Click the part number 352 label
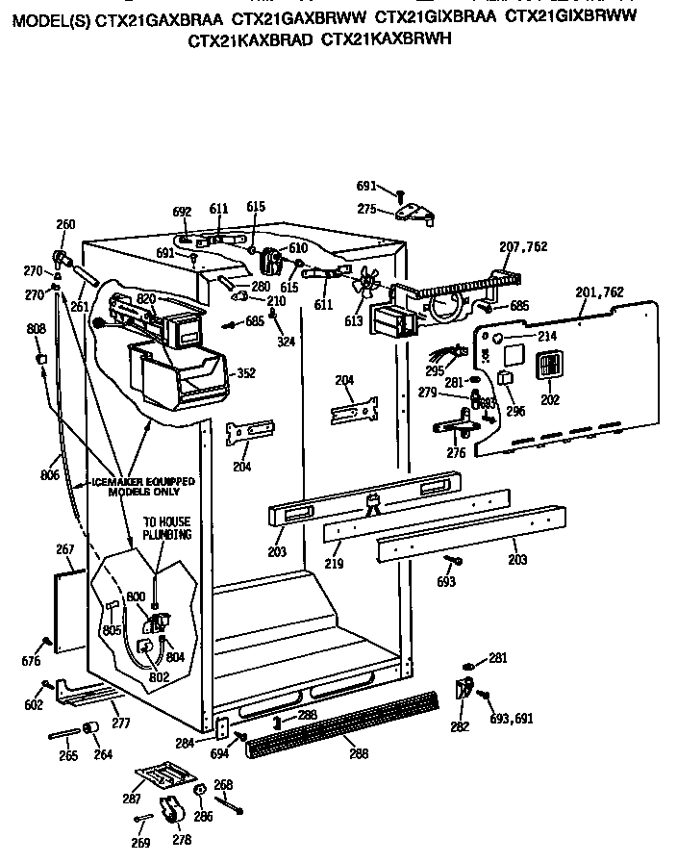(x=246, y=373)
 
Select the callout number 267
(x=65, y=550)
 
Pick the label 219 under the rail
(x=333, y=564)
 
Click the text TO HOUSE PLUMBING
(x=167, y=528)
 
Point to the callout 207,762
(x=523, y=247)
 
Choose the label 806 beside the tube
(x=50, y=475)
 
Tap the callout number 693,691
(x=512, y=719)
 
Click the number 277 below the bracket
(x=121, y=722)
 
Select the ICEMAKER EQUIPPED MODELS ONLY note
(x=143, y=485)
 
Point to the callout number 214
(x=546, y=336)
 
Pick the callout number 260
(x=65, y=225)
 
